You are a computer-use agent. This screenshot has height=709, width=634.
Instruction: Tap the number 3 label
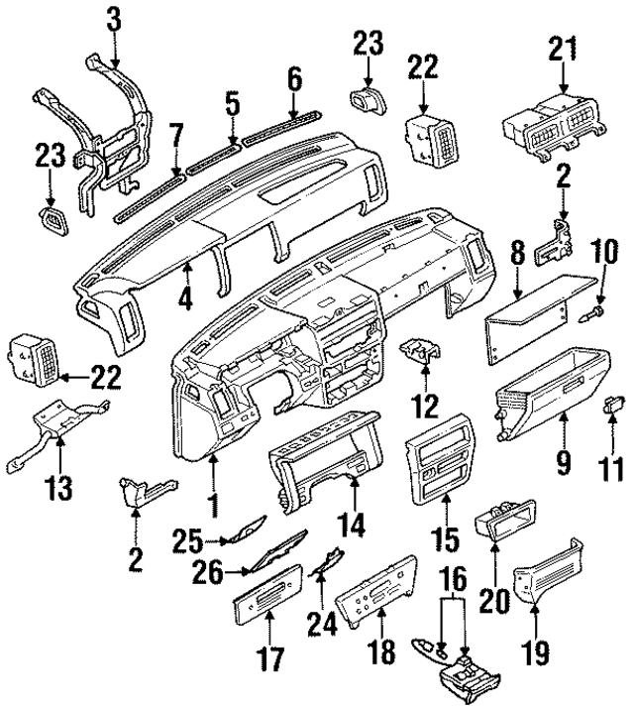coord(114,18)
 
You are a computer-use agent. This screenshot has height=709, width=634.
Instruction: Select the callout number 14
coord(353,521)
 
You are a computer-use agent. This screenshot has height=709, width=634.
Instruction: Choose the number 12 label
coord(426,405)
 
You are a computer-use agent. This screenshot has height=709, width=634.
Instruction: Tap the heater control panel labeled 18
coord(377,594)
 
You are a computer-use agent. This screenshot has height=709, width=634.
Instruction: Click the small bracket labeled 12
coord(421,352)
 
